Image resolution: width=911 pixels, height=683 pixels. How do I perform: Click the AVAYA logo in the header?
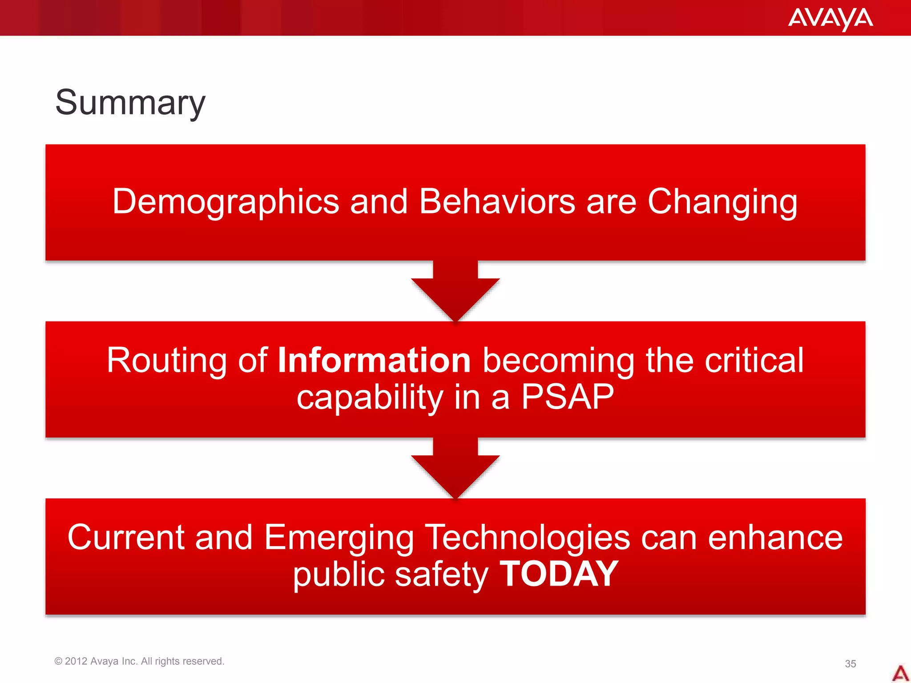(830, 19)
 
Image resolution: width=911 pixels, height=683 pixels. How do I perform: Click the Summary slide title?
(130, 103)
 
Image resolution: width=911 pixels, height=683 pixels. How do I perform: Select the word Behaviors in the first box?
(497, 201)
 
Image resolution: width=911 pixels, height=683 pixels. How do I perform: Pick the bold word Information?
(374, 360)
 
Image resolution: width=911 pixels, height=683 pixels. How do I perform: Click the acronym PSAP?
(567, 397)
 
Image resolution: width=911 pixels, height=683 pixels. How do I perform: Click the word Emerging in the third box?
(339, 538)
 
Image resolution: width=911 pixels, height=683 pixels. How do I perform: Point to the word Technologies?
(527, 538)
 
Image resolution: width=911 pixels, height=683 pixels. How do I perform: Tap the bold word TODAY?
(559, 574)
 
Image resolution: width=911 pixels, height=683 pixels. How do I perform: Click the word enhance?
(775, 538)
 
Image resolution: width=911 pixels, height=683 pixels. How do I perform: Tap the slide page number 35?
(850, 664)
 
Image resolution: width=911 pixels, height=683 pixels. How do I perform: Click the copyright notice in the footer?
(139, 661)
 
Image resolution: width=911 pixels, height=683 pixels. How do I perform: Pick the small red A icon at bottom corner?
(900, 673)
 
